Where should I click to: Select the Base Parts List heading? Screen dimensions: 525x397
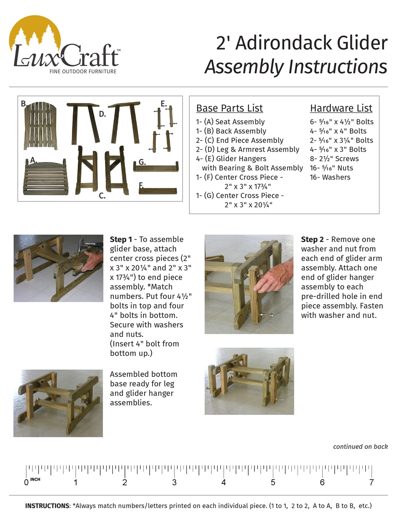(x=229, y=108)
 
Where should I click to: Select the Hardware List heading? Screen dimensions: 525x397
(x=341, y=108)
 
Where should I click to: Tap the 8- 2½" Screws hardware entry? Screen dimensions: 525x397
(x=334, y=159)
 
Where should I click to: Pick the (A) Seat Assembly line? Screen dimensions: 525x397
(x=230, y=122)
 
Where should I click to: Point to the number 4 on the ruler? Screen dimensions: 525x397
(x=224, y=483)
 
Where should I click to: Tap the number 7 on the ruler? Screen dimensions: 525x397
(x=372, y=483)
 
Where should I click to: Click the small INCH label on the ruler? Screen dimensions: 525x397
(x=36, y=479)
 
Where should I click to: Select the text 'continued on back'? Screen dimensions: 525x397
(x=360, y=447)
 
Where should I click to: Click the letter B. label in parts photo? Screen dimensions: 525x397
(x=24, y=104)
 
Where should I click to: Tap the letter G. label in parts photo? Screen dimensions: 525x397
(x=142, y=162)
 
